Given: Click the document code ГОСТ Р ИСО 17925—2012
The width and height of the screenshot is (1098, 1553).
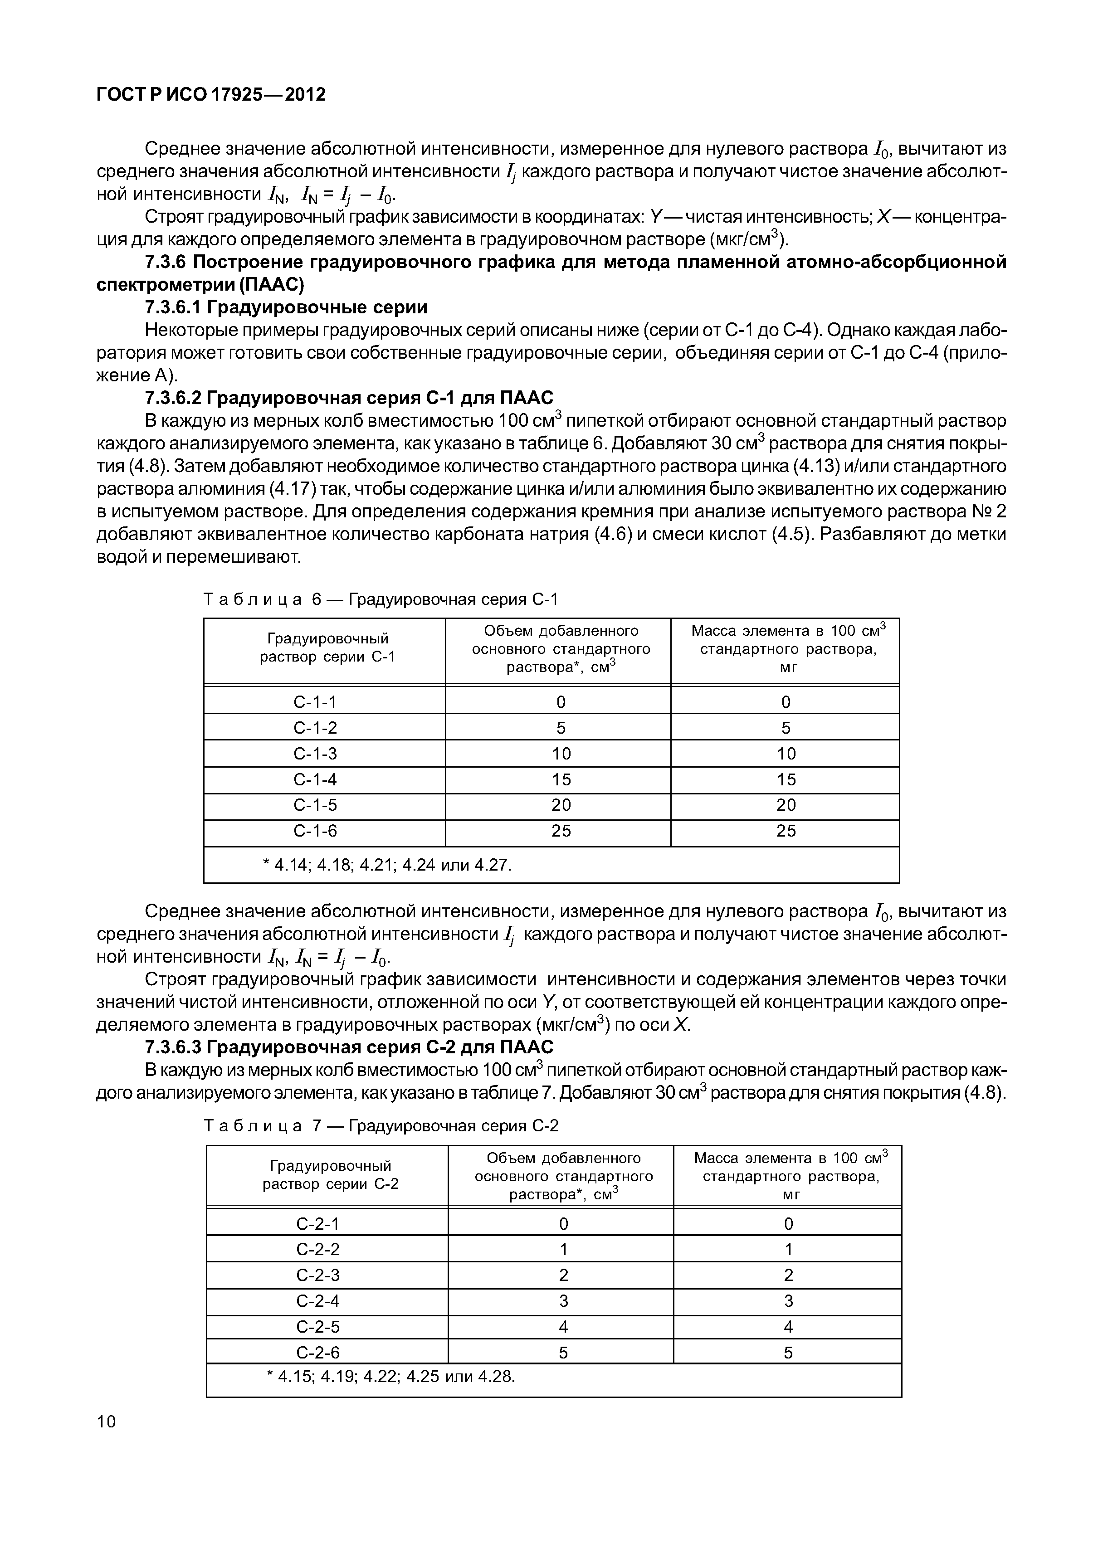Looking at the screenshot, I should tap(211, 95).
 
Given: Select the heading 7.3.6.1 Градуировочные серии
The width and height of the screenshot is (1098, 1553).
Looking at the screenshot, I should tap(286, 308).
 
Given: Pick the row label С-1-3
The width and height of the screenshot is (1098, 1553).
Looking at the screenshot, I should tap(315, 754).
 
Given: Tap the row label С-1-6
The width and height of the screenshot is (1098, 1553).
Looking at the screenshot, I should tap(315, 831).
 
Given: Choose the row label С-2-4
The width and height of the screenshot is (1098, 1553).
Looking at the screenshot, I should tap(318, 1301).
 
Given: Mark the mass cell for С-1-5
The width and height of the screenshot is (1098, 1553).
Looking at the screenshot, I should tap(786, 805).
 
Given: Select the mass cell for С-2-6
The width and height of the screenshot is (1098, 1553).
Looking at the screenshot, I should tap(788, 1353).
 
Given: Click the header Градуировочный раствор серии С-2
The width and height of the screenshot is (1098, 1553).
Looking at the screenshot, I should tap(330, 1175).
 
